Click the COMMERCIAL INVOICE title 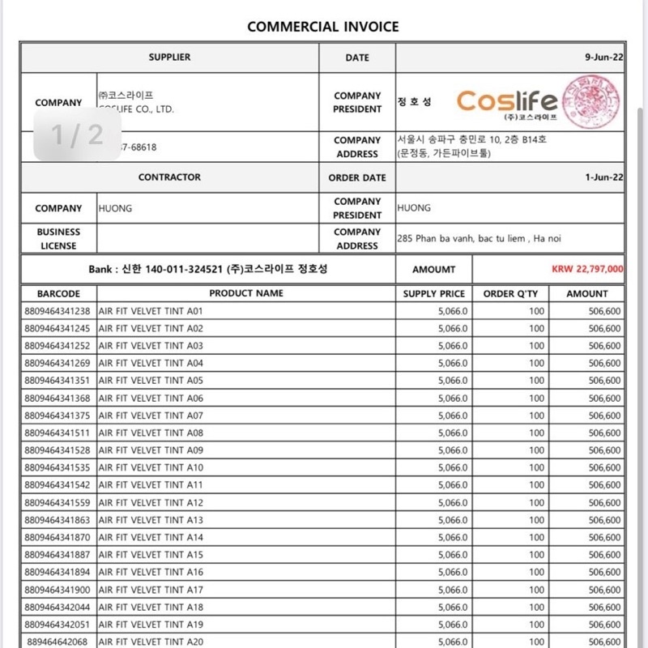coord(323,26)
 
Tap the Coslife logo coord(507,101)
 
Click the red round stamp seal coord(594,97)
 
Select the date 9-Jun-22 coord(603,58)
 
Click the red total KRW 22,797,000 coord(588,270)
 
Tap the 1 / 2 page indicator coord(77,134)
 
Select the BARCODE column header coord(58,294)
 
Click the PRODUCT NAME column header coord(246,294)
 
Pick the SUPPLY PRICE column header coord(434,294)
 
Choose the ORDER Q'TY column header coord(510,294)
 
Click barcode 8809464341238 coord(58,311)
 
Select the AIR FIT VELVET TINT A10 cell coord(151,467)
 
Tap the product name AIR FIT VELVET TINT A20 coord(151,642)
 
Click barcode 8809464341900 coord(58,590)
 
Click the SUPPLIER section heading coord(169,58)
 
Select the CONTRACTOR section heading coord(169,177)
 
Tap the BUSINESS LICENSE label coord(58,239)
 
